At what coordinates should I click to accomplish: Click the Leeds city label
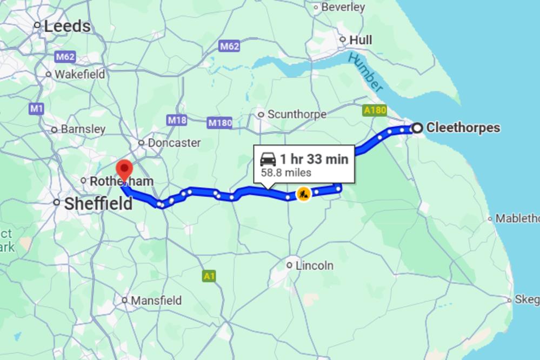pos(67,26)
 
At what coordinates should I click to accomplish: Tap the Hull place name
pos(361,40)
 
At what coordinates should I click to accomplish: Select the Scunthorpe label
pos(297,115)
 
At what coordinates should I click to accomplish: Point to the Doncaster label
pos(174,143)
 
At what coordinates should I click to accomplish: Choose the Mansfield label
pos(156,300)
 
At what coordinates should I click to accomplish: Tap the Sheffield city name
pos(98,204)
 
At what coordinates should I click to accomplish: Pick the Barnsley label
pos(83,129)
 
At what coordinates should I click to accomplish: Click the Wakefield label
pos(80,74)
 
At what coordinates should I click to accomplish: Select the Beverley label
pos(343,7)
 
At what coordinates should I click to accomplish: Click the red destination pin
pos(125,170)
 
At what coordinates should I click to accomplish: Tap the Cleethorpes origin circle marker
pos(417,128)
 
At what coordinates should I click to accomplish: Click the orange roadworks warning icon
pos(304,193)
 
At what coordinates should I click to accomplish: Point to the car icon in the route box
pos(268,159)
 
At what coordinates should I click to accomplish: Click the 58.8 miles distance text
pos(286,173)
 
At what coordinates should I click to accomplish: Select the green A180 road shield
pos(375,110)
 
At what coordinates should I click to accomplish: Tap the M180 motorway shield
pos(220,123)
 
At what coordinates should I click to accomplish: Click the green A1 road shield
pos(209,276)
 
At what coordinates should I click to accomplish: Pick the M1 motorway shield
pos(36,109)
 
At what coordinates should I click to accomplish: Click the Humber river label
pos(366,72)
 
